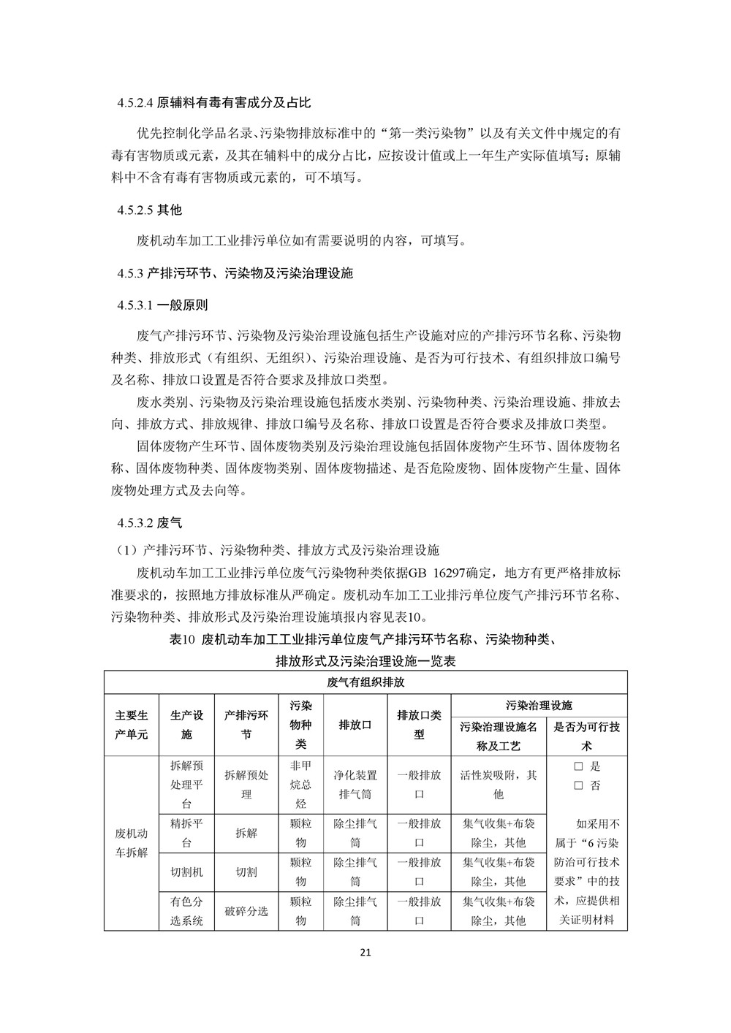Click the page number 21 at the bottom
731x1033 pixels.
(x=366, y=953)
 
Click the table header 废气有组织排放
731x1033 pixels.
(x=365, y=683)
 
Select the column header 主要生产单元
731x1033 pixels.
(x=132, y=725)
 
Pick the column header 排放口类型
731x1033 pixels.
(x=419, y=725)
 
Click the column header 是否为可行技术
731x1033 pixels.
(x=586, y=736)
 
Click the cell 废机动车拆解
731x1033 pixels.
(x=132, y=842)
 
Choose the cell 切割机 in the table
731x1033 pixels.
(x=186, y=872)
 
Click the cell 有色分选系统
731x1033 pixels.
(x=186, y=911)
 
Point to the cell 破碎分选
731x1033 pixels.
(x=246, y=911)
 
